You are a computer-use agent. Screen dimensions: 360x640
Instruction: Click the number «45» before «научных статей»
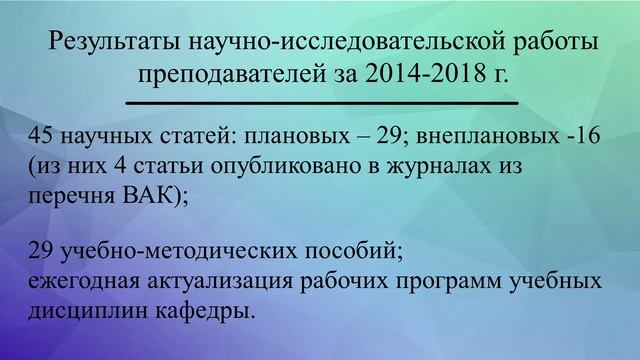click(x=45, y=138)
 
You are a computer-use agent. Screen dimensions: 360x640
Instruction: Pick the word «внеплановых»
click(x=483, y=138)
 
